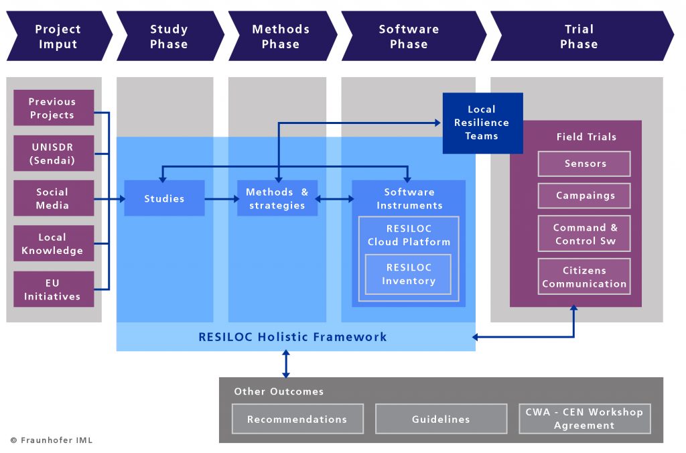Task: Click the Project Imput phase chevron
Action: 58,36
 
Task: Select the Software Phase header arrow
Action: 409,36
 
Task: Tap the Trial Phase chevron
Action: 579,36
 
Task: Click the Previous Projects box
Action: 52,108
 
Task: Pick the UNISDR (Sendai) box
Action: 52,153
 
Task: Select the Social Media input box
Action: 52,198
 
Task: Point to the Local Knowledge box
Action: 52,244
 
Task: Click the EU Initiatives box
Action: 52,289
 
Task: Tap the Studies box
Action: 164,198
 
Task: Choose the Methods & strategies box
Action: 277,198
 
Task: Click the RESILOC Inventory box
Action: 409,274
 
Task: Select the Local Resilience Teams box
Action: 482,123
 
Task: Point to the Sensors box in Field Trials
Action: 585,164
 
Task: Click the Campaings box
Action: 585,196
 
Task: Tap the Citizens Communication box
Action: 585,277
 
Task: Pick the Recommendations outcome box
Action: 297,419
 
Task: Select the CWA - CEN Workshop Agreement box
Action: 584,419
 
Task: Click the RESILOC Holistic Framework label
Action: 293,337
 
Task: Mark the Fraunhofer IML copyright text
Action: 52,440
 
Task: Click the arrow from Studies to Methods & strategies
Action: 221,199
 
